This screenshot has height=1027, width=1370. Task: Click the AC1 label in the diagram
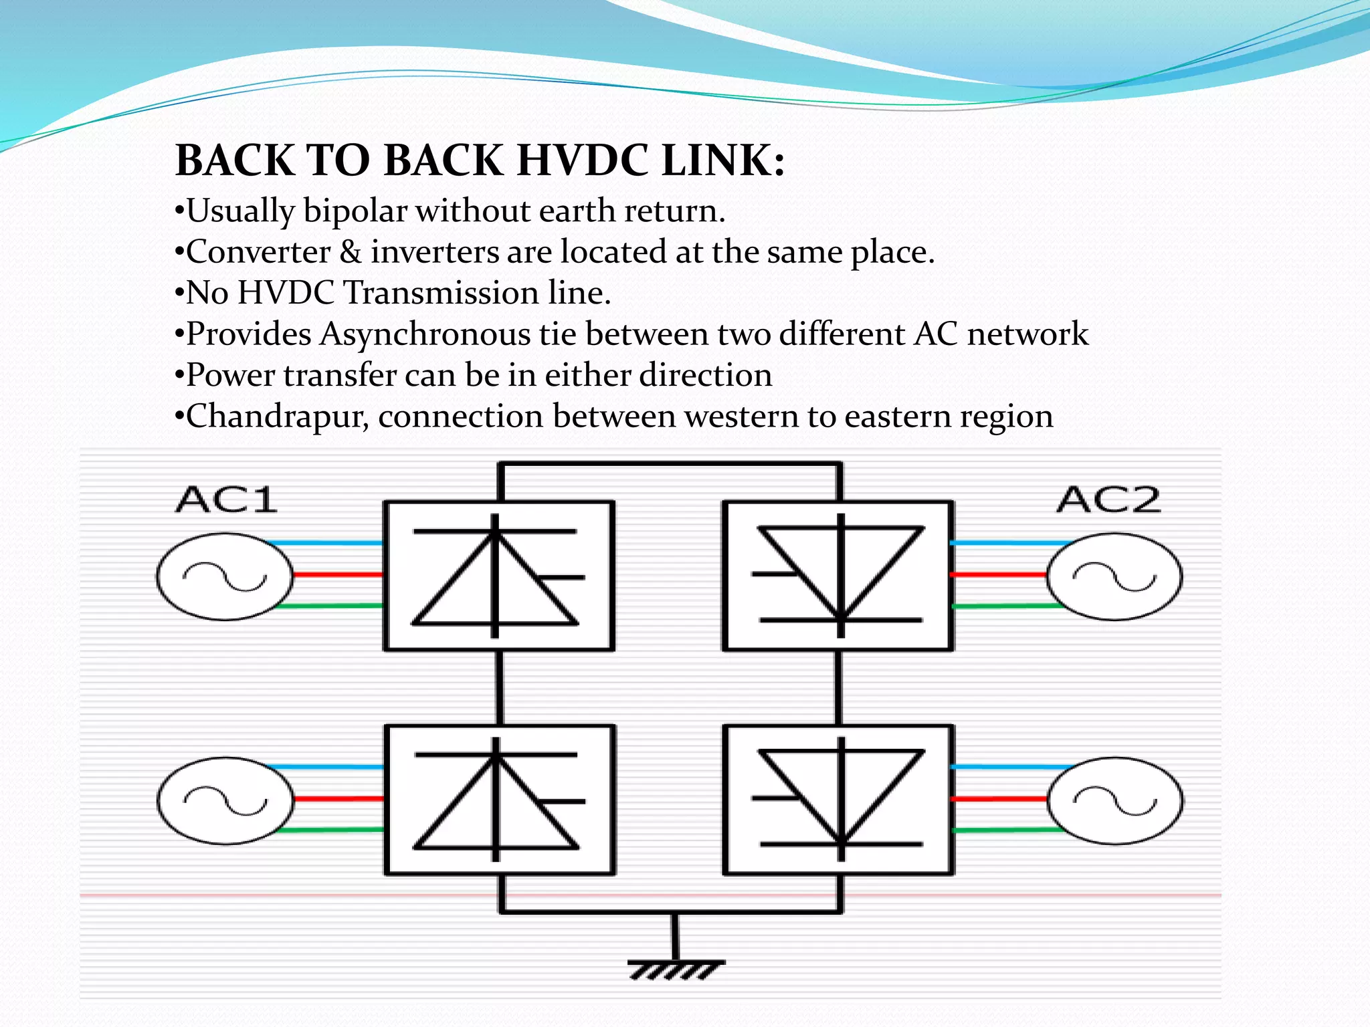226,500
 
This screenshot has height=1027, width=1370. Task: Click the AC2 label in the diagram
1108,500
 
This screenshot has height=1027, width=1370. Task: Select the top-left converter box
498,576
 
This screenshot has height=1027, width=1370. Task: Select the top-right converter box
838,576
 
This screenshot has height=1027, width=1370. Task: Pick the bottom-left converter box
500,800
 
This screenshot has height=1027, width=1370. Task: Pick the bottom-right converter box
839,800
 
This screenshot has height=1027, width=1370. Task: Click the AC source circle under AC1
225,576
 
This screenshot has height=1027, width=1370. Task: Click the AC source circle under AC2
1114,576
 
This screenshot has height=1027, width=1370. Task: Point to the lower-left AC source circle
225,800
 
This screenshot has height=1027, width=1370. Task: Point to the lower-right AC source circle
1114,800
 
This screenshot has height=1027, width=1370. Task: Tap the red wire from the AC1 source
338,574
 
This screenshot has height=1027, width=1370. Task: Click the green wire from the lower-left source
331,830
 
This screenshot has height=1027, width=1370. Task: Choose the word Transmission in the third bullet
442,293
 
